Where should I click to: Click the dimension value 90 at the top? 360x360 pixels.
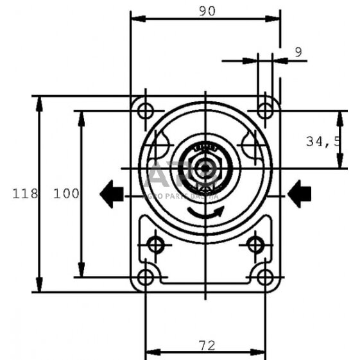206,10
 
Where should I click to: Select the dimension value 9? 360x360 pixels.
298,53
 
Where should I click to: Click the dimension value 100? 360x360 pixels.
66,194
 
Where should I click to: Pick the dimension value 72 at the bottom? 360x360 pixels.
206,345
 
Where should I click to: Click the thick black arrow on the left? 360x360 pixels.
112,193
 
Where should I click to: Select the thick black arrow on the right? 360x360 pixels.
299,193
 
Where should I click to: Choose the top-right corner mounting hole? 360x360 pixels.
265,110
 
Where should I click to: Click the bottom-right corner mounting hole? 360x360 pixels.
265,277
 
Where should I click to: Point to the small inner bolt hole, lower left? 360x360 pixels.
156,244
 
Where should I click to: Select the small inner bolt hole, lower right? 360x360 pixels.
255,244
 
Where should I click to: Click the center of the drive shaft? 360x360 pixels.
205,169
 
